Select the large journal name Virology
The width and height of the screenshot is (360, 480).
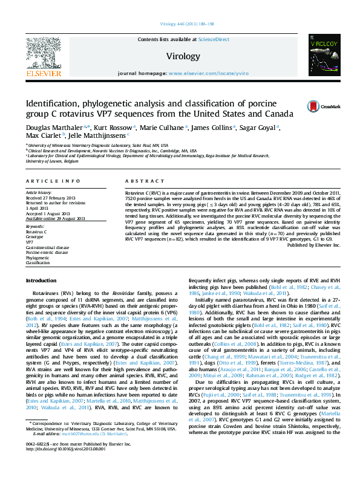coord(182,56)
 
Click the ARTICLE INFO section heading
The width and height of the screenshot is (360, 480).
coord(53,181)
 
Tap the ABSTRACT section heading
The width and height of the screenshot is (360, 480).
coord(139,181)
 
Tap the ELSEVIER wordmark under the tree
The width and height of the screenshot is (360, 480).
coord(42,73)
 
